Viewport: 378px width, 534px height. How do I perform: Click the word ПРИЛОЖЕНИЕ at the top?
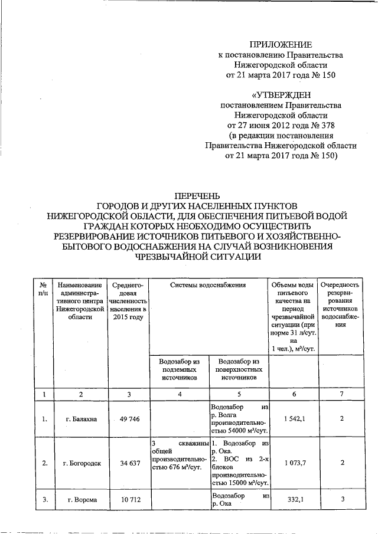click(280, 44)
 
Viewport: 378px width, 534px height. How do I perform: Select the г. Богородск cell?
click(82, 463)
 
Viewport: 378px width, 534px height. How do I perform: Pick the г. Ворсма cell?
click(82, 500)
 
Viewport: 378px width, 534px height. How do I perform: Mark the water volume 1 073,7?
click(293, 463)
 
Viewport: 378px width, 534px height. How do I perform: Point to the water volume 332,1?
click(293, 500)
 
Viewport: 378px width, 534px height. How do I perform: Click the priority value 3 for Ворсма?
click(342, 500)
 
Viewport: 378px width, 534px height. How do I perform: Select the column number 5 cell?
click(239, 393)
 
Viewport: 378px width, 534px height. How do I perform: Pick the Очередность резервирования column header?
click(342, 305)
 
